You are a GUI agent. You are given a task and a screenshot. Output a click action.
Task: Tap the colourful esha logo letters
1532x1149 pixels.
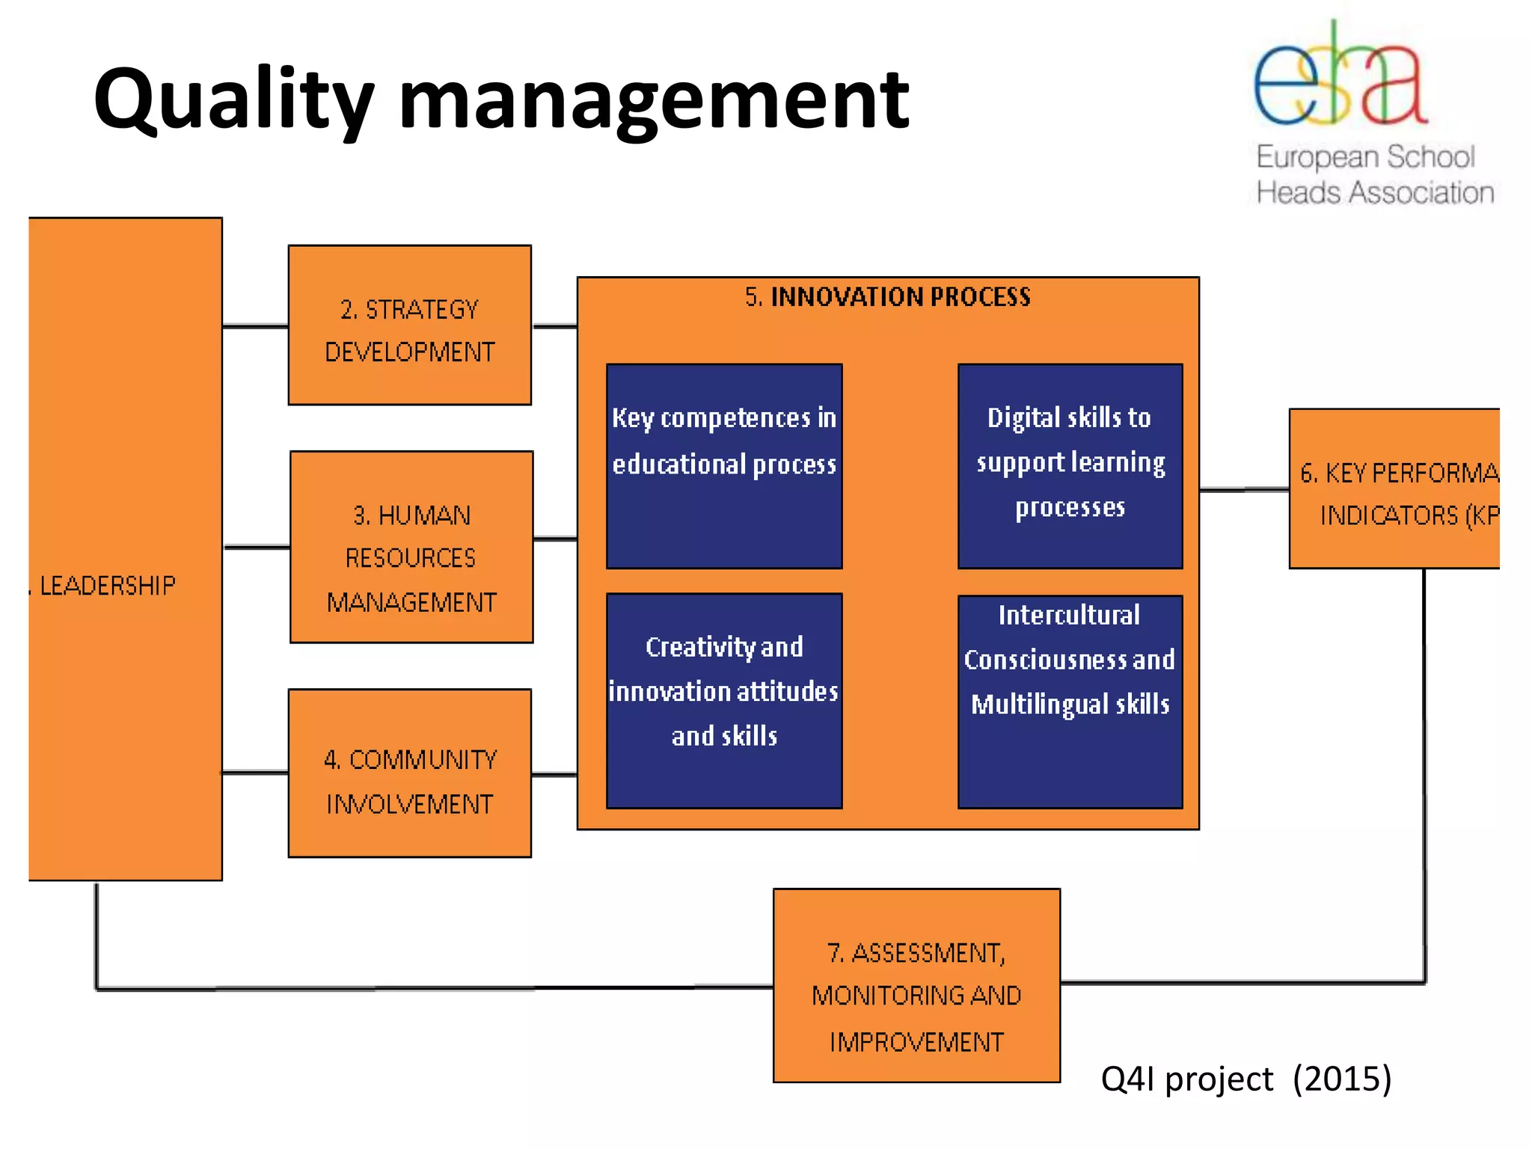(1340, 79)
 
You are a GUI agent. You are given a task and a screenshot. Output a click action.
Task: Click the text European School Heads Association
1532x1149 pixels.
(1373, 175)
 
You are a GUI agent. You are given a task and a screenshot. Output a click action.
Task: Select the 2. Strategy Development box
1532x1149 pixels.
(409, 325)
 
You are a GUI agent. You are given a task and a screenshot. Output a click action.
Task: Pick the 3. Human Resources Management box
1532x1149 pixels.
(411, 547)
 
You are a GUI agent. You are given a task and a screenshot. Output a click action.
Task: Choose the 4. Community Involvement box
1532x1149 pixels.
(409, 773)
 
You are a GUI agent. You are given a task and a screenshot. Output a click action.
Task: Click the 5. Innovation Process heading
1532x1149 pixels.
(887, 298)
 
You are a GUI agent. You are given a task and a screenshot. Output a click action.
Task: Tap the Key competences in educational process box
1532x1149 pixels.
(723, 466)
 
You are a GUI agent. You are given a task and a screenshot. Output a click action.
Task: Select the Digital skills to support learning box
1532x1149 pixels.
(1070, 466)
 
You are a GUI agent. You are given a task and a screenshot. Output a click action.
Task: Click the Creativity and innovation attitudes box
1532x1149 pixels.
(723, 700)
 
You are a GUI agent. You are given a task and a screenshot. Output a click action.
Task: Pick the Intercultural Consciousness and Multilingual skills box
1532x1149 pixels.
(1070, 700)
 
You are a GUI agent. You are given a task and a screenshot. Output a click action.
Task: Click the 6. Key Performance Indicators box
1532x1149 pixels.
(1394, 488)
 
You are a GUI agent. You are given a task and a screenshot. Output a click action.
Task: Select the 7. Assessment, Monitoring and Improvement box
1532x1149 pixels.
(916, 985)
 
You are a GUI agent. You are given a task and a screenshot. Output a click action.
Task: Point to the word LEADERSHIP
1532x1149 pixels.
(108, 586)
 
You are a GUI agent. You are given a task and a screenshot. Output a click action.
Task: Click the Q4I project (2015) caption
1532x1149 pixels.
(1245, 1079)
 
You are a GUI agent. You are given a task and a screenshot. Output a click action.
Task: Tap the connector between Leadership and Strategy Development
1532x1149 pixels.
(255, 326)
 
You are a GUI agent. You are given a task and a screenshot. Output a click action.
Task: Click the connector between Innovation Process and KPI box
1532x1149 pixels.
(1243, 490)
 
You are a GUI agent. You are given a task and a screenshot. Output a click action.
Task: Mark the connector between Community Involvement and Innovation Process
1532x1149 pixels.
(554, 775)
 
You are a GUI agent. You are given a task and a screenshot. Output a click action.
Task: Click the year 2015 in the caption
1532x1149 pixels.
(1342, 1079)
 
